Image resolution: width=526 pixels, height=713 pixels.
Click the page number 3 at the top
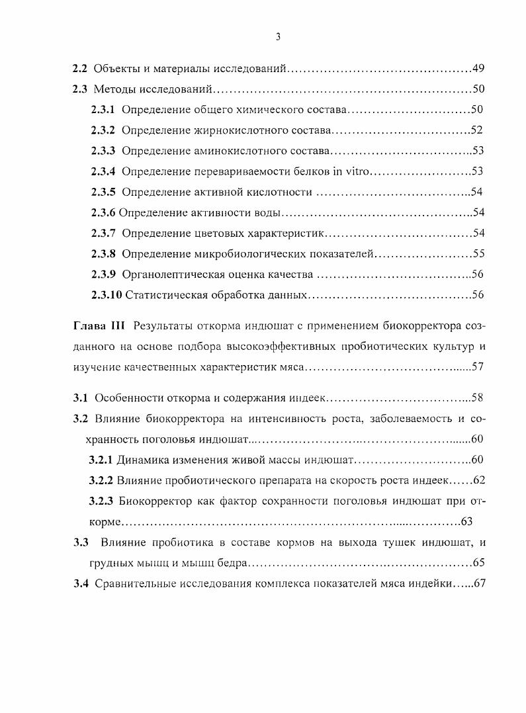278,37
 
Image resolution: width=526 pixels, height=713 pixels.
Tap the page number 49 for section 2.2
479,69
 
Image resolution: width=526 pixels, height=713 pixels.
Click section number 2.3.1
103,110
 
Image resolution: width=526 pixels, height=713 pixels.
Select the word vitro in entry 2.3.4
357,171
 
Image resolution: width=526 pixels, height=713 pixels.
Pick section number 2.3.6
103,212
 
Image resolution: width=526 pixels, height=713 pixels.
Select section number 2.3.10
106,294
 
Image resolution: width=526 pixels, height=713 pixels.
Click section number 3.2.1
101,460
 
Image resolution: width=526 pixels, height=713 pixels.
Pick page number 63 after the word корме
466,522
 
